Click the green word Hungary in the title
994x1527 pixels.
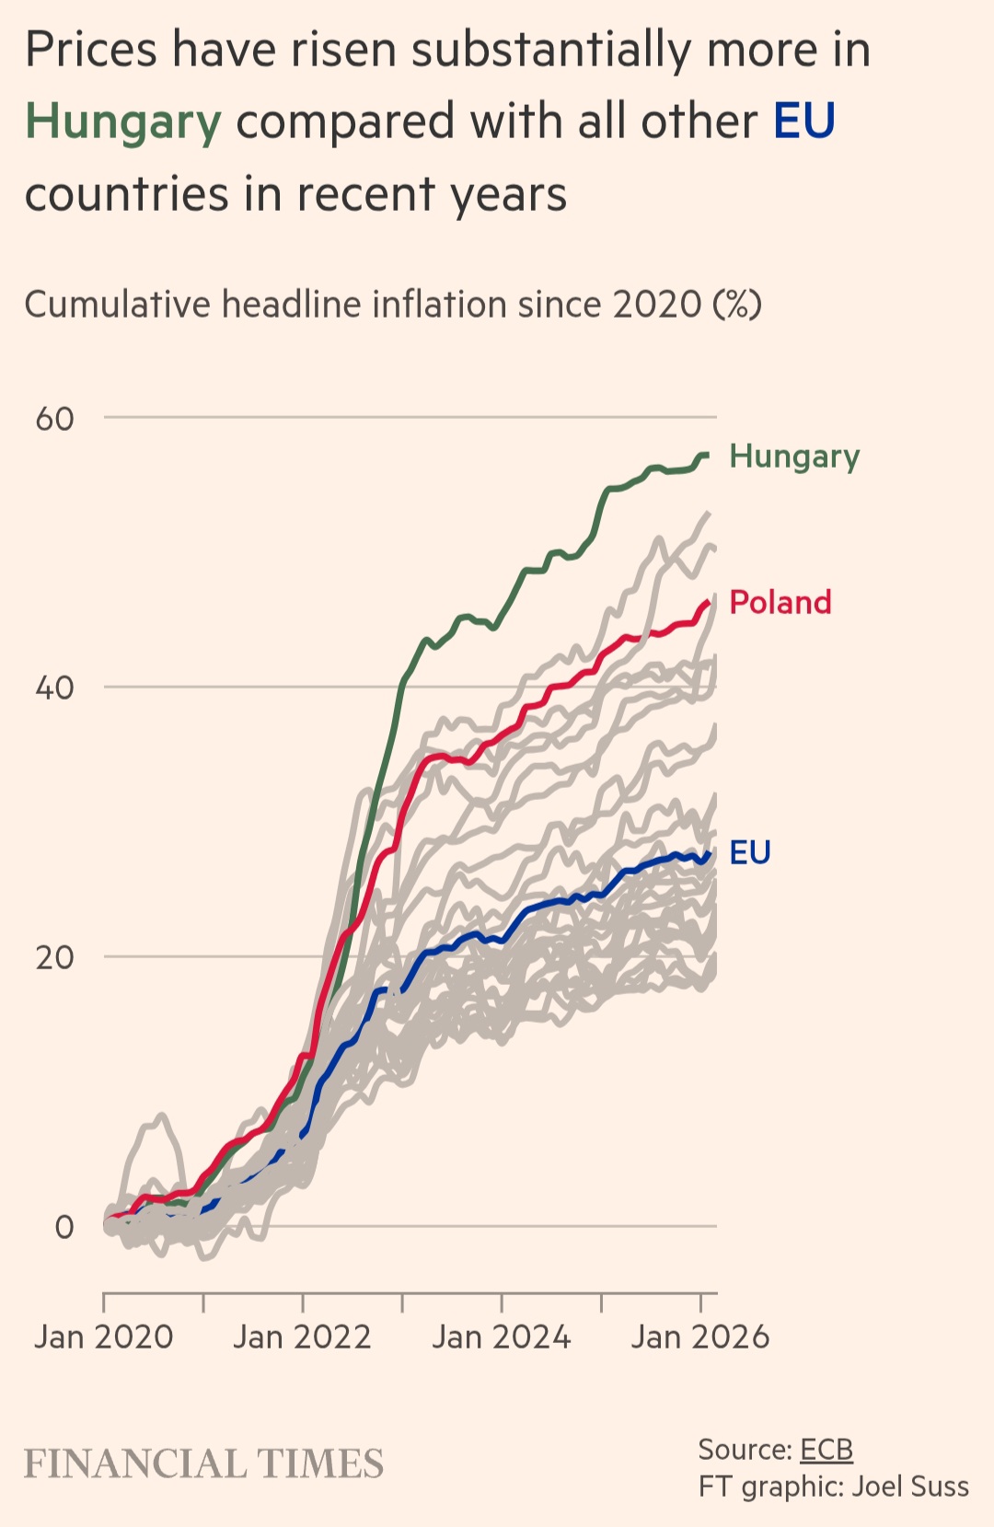[x=123, y=122]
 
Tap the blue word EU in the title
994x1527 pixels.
[x=803, y=121]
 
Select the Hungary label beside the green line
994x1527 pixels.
[x=794, y=457]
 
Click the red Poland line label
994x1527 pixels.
[x=780, y=602]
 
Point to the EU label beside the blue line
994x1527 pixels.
[x=749, y=852]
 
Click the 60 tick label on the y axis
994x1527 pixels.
[x=54, y=419]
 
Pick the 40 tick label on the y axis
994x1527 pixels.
[x=54, y=688]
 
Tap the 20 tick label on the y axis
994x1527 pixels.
[x=54, y=957]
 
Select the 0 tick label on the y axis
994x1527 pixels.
[x=64, y=1227]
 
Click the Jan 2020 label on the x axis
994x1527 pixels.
[x=103, y=1336]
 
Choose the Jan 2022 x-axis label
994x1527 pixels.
[x=302, y=1336]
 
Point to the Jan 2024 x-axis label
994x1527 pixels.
[x=502, y=1336]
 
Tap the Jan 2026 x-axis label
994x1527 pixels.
[x=699, y=1336]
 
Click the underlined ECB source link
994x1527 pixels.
[x=826, y=1450]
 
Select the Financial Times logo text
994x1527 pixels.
[x=203, y=1464]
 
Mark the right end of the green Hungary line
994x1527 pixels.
[x=707, y=455]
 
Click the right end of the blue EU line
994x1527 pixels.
[x=709, y=854]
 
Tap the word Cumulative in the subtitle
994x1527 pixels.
[x=117, y=305]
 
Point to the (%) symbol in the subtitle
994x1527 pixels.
[x=737, y=305]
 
